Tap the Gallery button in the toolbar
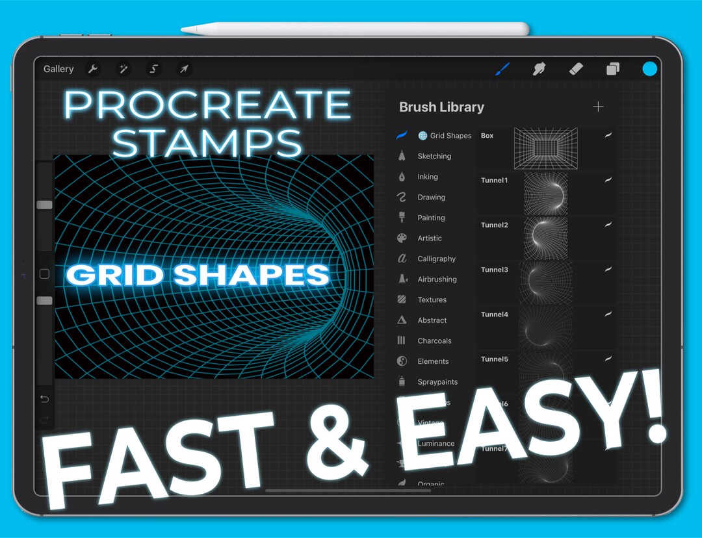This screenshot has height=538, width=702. click(x=58, y=69)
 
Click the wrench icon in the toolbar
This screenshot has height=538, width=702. click(x=93, y=69)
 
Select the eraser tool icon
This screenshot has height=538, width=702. click(x=576, y=69)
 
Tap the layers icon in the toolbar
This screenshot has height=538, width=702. click(x=612, y=69)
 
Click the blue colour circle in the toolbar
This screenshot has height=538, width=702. click(x=649, y=69)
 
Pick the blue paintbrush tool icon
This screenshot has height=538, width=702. click(x=502, y=69)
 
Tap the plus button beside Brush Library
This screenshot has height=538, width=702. click(x=598, y=107)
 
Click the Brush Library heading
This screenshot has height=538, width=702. click(x=441, y=107)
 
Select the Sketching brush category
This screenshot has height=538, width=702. click(x=434, y=156)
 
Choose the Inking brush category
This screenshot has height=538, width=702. click(x=427, y=177)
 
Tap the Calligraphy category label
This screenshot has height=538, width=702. click(x=436, y=259)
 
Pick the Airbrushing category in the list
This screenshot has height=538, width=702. click(x=437, y=279)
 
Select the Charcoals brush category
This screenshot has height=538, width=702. click(x=434, y=340)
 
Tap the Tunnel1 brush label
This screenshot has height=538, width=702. click(x=494, y=181)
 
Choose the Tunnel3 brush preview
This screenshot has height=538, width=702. click(x=545, y=282)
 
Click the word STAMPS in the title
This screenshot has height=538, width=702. click(x=207, y=143)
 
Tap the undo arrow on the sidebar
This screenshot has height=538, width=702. click(x=44, y=398)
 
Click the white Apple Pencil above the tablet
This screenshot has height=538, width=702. click(x=354, y=29)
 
